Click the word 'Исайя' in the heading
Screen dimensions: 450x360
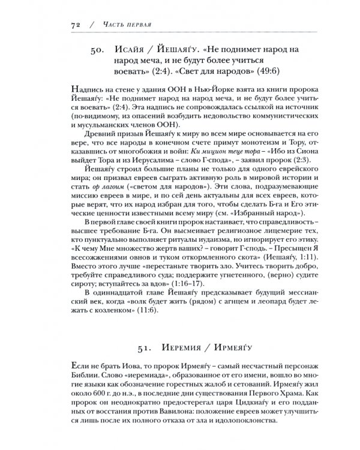click(131, 48)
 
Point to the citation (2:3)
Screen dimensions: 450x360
click(281, 178)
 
